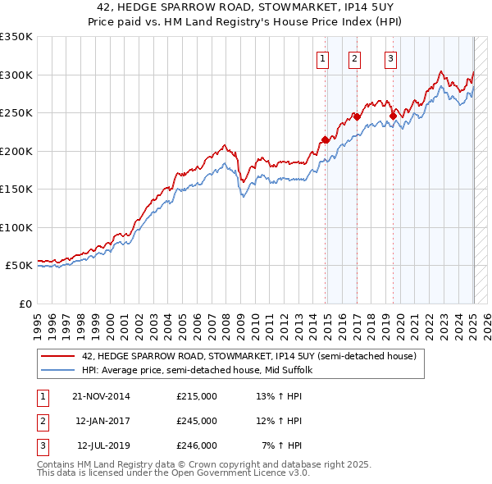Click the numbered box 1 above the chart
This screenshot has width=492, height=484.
pos(322,58)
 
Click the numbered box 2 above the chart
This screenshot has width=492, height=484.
pos(354,58)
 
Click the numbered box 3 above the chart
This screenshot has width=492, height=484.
pos(391,58)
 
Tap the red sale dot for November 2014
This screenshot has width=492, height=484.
pos(326,139)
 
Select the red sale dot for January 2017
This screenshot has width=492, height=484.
pos(358,116)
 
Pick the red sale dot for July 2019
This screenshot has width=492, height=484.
pos(393,116)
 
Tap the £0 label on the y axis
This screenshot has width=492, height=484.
pos(25,304)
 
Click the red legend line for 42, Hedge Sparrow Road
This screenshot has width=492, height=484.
pos(57,356)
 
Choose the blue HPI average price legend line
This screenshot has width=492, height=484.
pos(57,370)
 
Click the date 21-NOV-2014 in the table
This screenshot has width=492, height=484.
pos(102,396)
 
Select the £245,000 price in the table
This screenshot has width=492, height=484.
pos(197,421)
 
